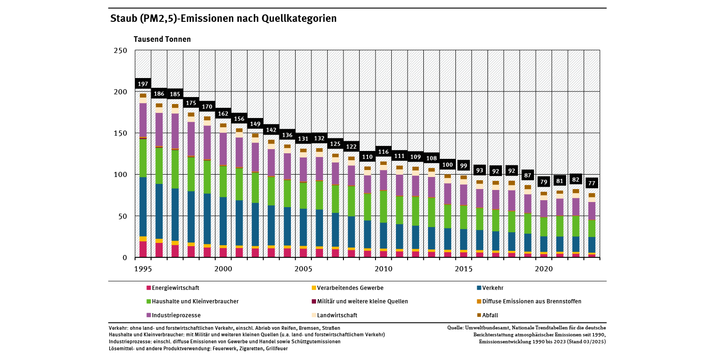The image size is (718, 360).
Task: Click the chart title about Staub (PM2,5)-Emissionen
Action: click(x=223, y=19)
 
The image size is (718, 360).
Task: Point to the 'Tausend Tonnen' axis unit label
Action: click(x=162, y=39)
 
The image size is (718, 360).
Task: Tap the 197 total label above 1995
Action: click(x=143, y=84)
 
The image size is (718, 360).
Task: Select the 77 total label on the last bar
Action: click(x=592, y=183)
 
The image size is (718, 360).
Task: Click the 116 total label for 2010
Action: click(x=383, y=151)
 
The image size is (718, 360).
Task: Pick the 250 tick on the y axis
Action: click(x=120, y=50)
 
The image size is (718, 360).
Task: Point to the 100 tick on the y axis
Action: click(x=120, y=175)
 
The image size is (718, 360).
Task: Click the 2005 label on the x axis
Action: click(x=303, y=269)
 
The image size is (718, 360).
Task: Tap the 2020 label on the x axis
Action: click(x=544, y=269)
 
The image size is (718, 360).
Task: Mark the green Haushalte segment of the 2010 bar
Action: click(x=383, y=207)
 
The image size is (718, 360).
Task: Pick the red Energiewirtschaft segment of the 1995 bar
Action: click(x=143, y=249)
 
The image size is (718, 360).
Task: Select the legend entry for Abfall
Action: click(x=490, y=315)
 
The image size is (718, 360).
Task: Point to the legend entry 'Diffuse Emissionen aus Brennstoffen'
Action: click(x=531, y=301)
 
